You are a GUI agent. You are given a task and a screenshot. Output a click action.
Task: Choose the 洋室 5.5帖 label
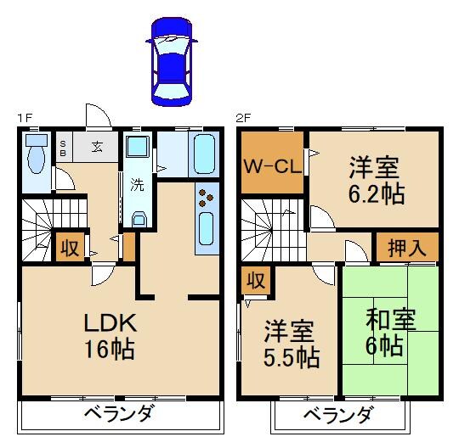pyautogui.click(x=290, y=343)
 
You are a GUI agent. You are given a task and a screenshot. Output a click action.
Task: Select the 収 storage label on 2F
pyautogui.click(x=255, y=280)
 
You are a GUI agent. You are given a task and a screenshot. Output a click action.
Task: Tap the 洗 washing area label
pyautogui.click(x=136, y=183)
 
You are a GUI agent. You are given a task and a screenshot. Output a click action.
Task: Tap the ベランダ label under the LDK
pyautogui.click(x=119, y=415)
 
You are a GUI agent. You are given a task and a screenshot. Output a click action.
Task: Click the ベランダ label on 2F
pyautogui.click(x=338, y=416)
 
